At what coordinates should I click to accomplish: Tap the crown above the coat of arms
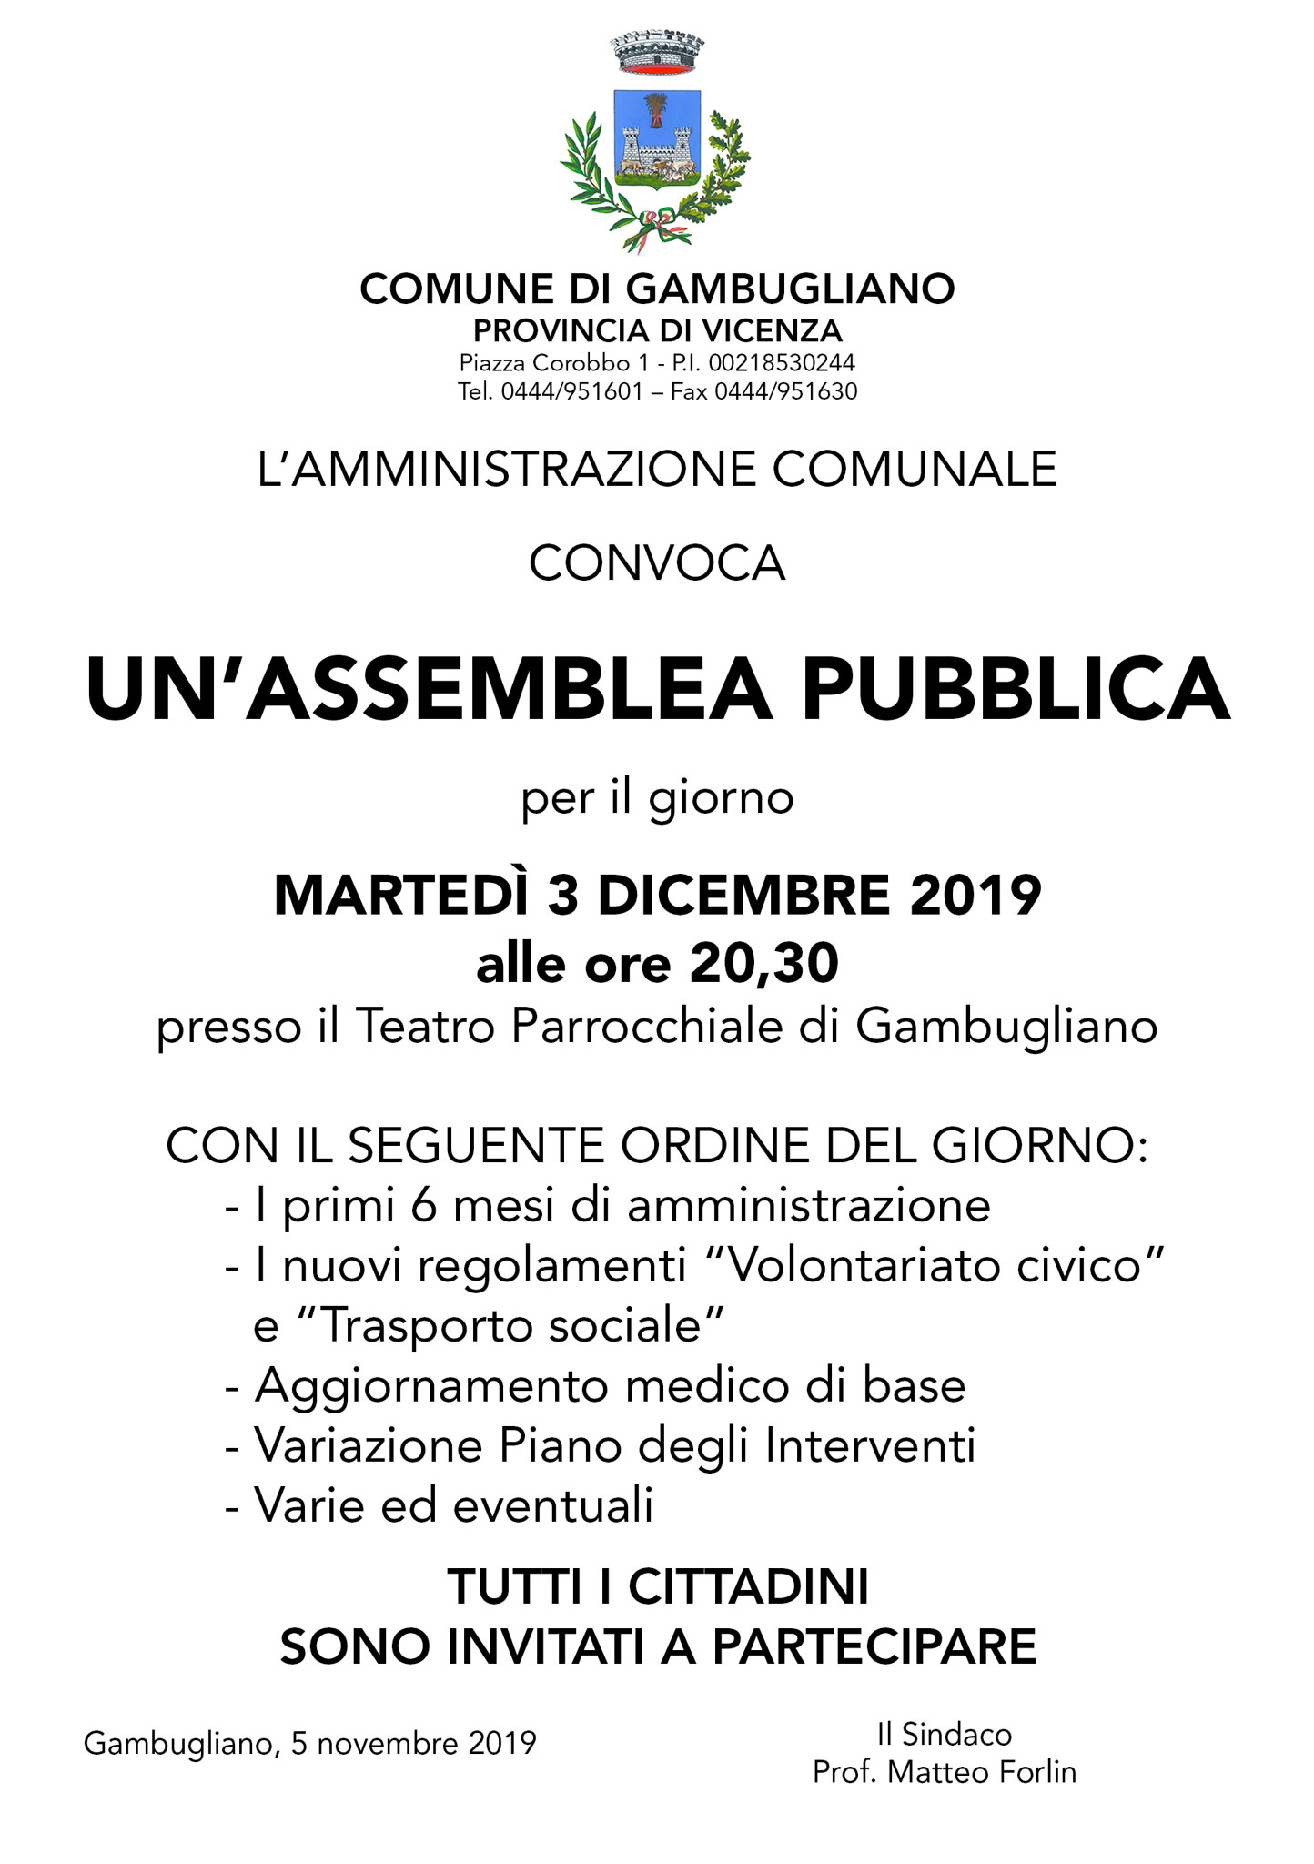point(656,54)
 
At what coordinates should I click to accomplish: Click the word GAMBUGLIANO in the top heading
point(791,289)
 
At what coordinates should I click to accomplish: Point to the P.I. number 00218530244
point(782,363)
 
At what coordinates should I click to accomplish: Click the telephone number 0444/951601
point(572,391)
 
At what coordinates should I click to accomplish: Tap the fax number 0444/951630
point(785,391)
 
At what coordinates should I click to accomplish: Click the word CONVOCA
point(657,563)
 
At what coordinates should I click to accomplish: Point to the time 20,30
point(763,964)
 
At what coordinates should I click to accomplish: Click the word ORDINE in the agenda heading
point(707,1147)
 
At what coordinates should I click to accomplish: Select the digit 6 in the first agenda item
point(422,1206)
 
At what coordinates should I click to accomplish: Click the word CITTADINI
point(748,1587)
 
